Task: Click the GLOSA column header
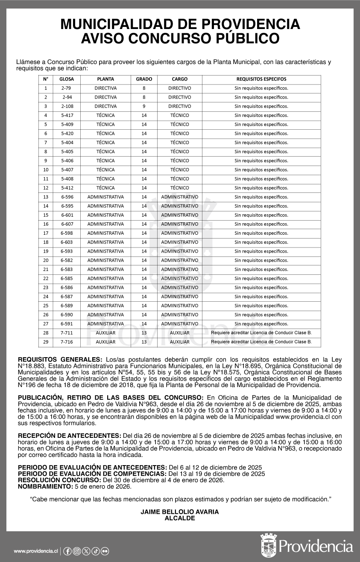coord(67,79)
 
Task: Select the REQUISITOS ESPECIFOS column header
coord(261,79)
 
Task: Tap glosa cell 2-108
coord(67,106)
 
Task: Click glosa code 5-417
coord(67,115)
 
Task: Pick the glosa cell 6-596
coord(67,197)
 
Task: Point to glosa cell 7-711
coord(67,332)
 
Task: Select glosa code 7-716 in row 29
coord(67,342)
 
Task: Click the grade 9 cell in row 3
coord(144,106)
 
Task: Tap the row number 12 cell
coord(46,188)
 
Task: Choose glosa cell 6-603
coord(67,242)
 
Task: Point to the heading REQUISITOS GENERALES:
coord(60,359)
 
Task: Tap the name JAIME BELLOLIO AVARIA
coord(180,512)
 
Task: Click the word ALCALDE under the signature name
coord(180,518)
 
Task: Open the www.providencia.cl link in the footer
coord(36,551)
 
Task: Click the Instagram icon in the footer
coord(77,551)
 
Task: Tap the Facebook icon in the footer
coord(67,551)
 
